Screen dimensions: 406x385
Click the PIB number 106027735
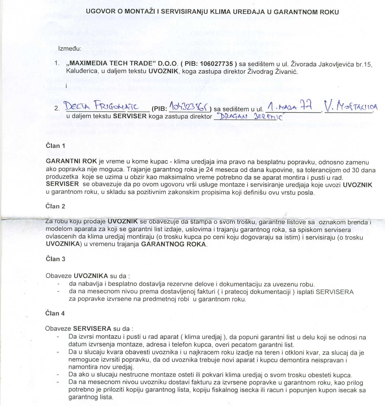click(x=216, y=64)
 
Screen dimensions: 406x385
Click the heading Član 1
click(x=55, y=146)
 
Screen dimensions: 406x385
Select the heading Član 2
click(x=55, y=206)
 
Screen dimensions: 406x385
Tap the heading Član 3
click(x=55, y=259)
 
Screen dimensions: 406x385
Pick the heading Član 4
click(x=55, y=313)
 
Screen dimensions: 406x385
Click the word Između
click(x=70, y=49)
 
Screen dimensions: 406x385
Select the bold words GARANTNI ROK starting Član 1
click(x=71, y=161)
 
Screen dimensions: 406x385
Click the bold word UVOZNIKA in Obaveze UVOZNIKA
click(x=91, y=276)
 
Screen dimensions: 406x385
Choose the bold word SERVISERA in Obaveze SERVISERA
click(x=92, y=329)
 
